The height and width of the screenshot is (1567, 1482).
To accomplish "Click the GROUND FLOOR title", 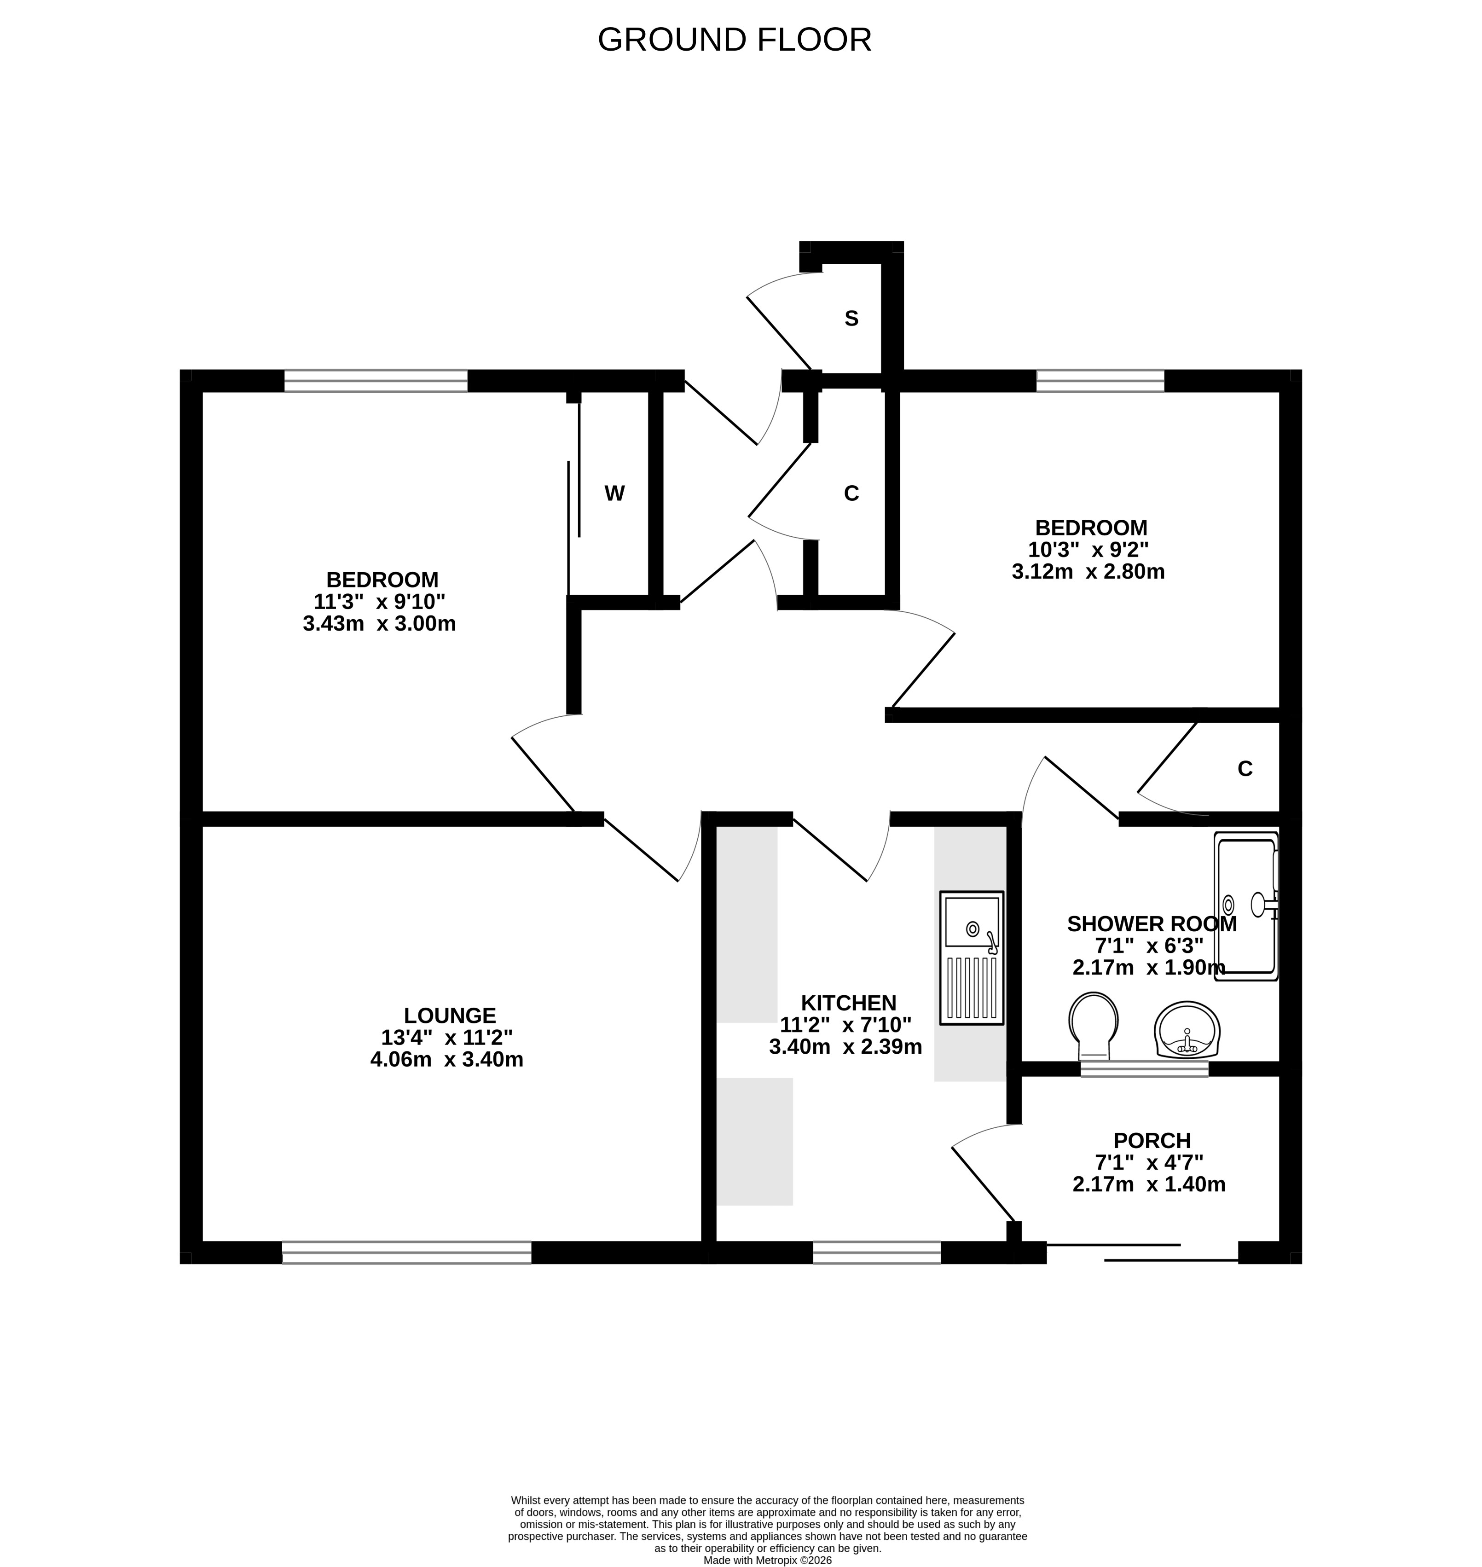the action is pyautogui.click(x=734, y=40).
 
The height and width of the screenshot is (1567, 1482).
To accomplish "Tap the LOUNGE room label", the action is pyautogui.click(x=450, y=1016).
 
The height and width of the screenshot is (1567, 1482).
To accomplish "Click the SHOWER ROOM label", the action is pyautogui.click(x=1152, y=924).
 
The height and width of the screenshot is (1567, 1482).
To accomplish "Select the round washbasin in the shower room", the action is pyautogui.click(x=1187, y=1030).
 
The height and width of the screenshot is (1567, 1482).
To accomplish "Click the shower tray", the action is pyautogui.click(x=1246, y=906).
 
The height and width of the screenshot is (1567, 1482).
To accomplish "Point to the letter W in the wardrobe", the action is pyautogui.click(x=614, y=494).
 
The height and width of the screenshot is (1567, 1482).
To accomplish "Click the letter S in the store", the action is pyautogui.click(x=851, y=319).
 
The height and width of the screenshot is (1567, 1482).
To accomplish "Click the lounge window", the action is pyautogui.click(x=407, y=1253).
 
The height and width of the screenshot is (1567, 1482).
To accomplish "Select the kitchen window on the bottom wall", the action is pyautogui.click(x=877, y=1253).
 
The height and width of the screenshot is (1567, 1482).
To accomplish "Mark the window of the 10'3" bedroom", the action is pyautogui.click(x=1100, y=381).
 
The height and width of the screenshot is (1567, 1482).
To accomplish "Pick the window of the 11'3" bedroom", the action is pyautogui.click(x=376, y=381).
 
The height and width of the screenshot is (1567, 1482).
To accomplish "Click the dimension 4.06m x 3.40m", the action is pyautogui.click(x=447, y=1060).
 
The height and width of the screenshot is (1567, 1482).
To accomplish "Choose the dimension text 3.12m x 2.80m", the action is pyautogui.click(x=1088, y=571).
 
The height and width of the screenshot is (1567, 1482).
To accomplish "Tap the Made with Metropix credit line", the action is pyautogui.click(x=768, y=1561).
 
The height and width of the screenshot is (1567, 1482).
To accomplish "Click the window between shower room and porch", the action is pyautogui.click(x=1145, y=1069).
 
